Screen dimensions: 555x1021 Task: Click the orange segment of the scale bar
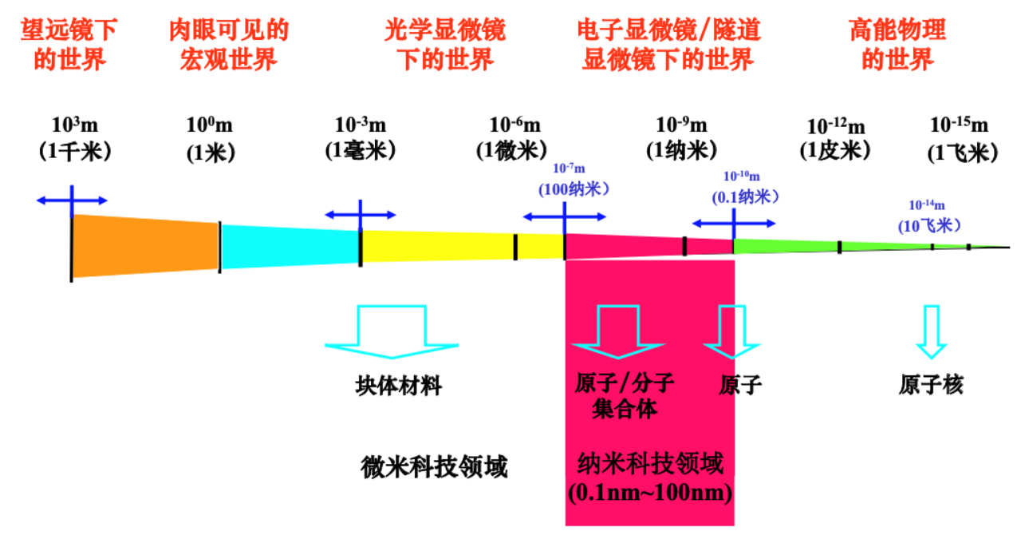144,245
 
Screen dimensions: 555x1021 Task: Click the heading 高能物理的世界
897,45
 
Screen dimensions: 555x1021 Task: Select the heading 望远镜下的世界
70,45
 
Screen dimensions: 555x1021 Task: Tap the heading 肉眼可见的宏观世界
228,45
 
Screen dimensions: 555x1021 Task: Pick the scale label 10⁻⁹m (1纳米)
681,137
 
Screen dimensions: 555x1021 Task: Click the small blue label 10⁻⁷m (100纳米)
574,180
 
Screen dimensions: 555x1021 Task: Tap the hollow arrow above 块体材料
392,331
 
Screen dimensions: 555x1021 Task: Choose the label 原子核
931,385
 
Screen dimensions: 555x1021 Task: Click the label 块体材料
398,387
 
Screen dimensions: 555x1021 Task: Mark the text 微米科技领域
434,466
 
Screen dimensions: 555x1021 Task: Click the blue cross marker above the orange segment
72,200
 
